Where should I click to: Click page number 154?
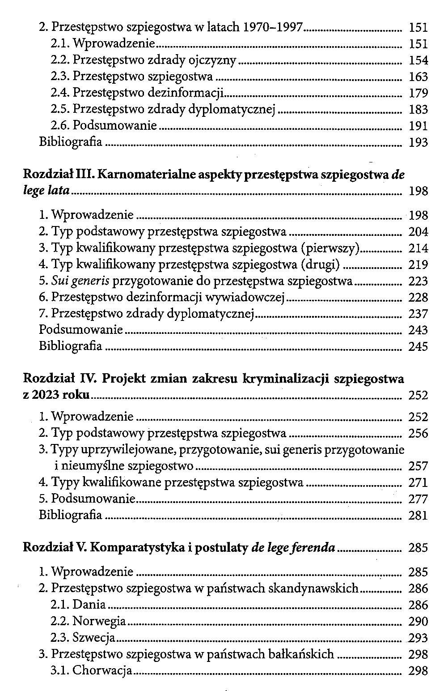pyautogui.click(x=418, y=60)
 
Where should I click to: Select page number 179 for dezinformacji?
pyautogui.click(x=418, y=94)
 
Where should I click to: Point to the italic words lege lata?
pyautogui.click(x=46, y=191)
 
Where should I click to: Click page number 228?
pyautogui.click(x=418, y=298)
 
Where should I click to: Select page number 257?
pyautogui.click(x=418, y=466)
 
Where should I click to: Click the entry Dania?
pyautogui.click(x=89, y=605)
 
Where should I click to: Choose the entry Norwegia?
pyautogui.click(x=99, y=622)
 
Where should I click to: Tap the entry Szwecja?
pyautogui.click(x=94, y=638)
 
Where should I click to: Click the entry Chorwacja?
pyautogui.click(x=102, y=670)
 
